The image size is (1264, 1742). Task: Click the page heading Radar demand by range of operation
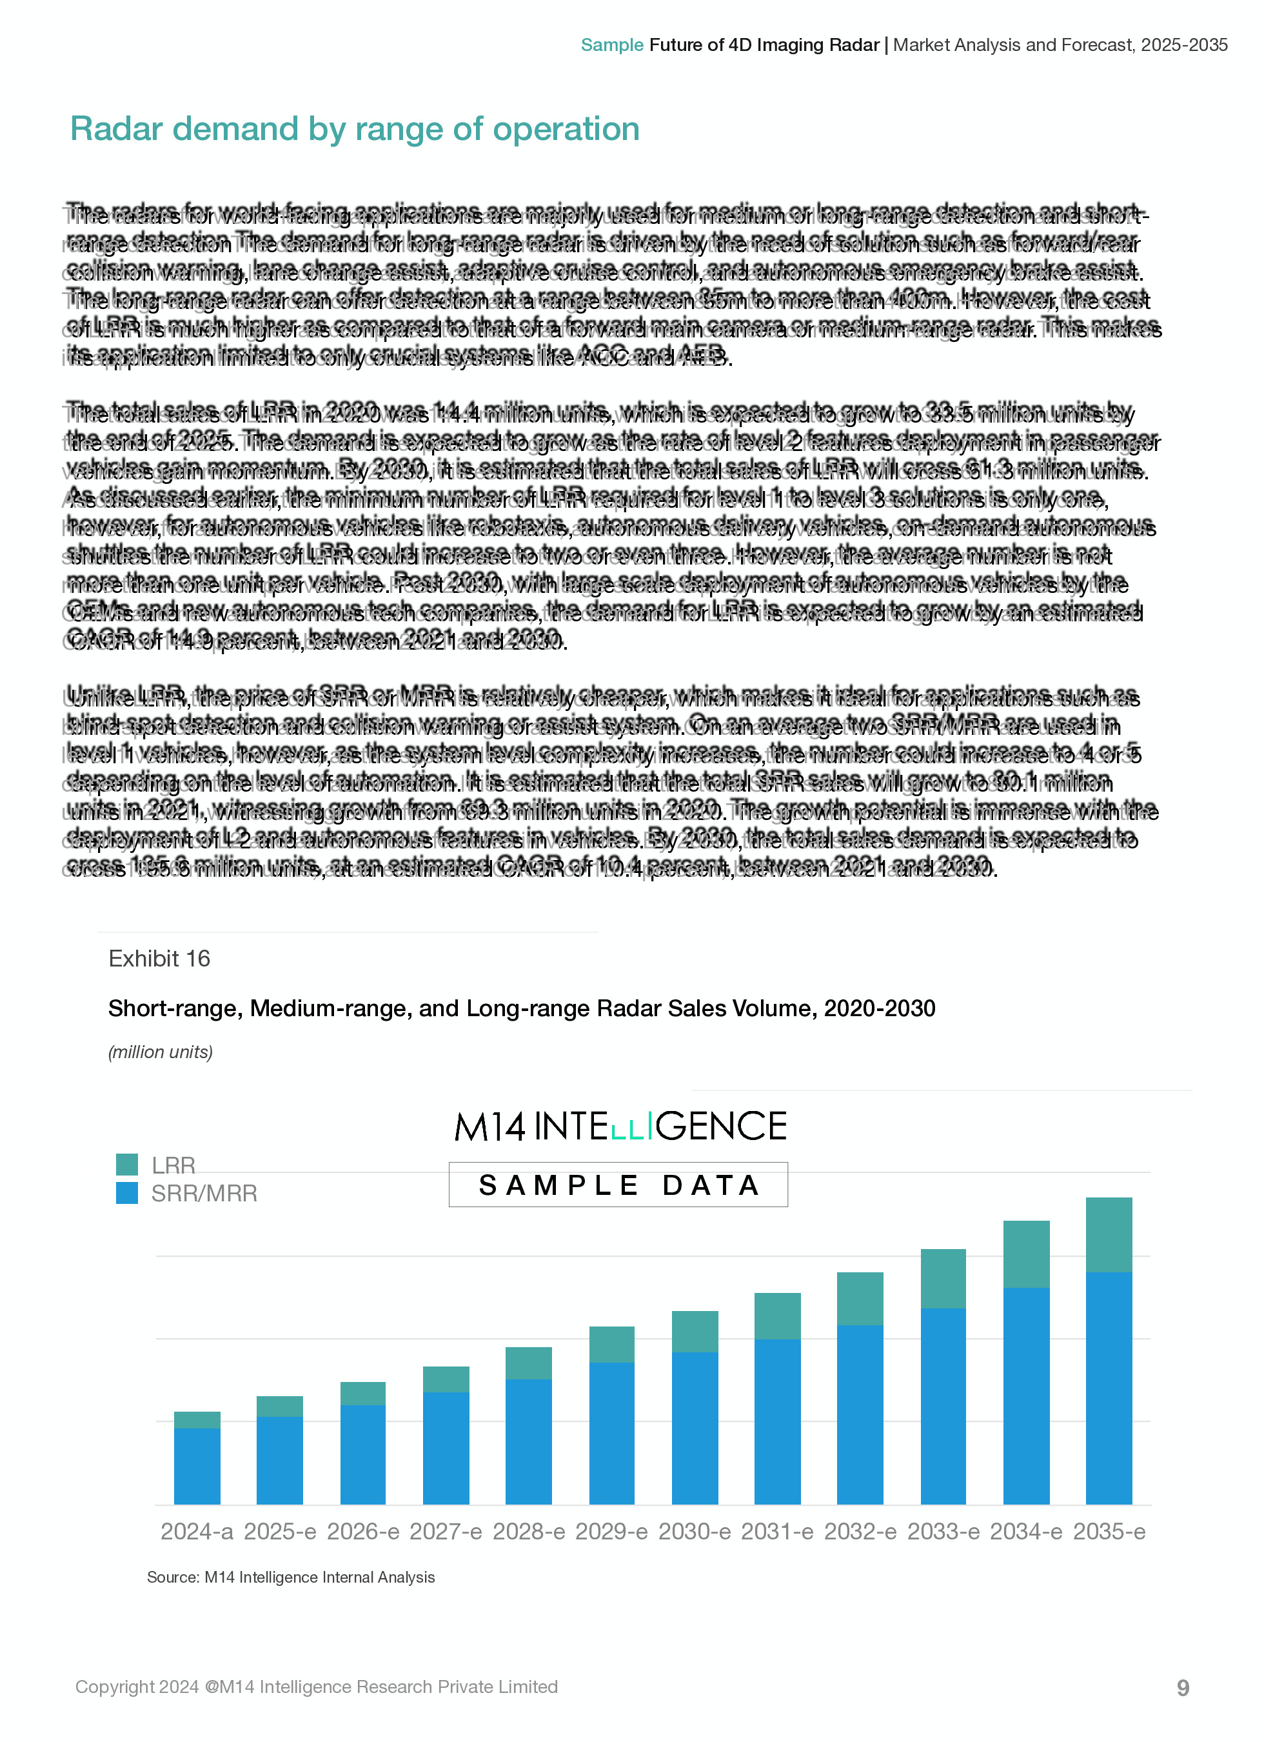pos(354,129)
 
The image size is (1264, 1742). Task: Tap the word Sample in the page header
pos(611,45)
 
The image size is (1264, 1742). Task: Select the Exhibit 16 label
pos(159,959)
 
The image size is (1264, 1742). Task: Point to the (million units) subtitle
pos(161,1052)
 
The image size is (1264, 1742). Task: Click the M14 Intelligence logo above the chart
pos(620,1126)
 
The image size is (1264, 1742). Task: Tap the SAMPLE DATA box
pos(618,1185)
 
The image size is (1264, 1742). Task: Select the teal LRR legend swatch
pos(126,1165)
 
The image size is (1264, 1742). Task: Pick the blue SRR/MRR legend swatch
pos(126,1193)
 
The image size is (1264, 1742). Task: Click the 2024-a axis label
pos(197,1532)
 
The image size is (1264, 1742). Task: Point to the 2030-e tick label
pos(694,1532)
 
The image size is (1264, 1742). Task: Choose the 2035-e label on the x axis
pos(1109,1532)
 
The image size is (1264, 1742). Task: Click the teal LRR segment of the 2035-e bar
pos(1109,1234)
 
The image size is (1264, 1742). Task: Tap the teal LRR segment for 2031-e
pos(777,1316)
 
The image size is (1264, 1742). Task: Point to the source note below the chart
pos(290,1577)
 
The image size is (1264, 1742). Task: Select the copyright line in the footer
pos(317,1687)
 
